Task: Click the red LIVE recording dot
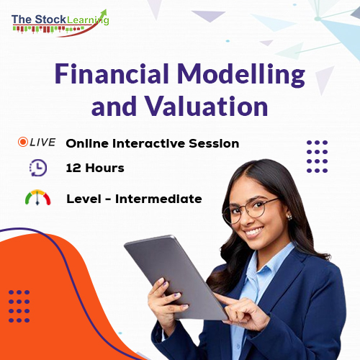tap(23, 143)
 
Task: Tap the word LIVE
tap(42, 143)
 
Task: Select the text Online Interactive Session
tap(152, 143)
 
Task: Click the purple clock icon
tap(37, 168)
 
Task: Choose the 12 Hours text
tap(95, 168)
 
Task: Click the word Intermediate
tap(163, 199)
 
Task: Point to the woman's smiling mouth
tap(255, 233)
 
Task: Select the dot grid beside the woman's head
tap(317, 156)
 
